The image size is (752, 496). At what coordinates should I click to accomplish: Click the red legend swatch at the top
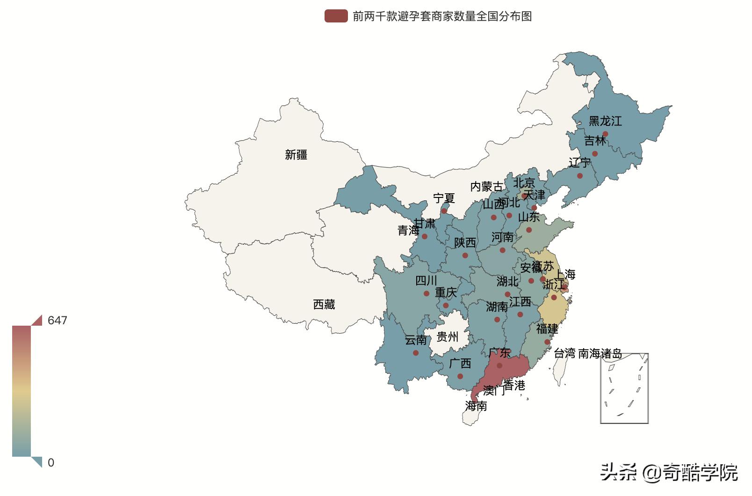pyautogui.click(x=336, y=16)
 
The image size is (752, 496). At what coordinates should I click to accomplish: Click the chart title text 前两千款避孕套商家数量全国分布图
pyautogui.click(x=442, y=16)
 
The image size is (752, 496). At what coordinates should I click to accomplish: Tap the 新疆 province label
pyautogui.click(x=296, y=155)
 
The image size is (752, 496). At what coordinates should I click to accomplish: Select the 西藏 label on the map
pyautogui.click(x=324, y=305)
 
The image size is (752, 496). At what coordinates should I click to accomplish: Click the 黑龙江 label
pyautogui.click(x=605, y=121)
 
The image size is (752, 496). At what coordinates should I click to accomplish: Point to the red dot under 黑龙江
pyautogui.click(x=605, y=134)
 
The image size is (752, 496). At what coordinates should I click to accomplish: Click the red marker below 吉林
pyautogui.click(x=595, y=153)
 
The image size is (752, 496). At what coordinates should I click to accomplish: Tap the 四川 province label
pyautogui.click(x=426, y=281)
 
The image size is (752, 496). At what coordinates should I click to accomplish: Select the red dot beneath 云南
pyautogui.click(x=416, y=353)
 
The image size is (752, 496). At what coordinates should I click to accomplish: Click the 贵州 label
pyautogui.click(x=447, y=337)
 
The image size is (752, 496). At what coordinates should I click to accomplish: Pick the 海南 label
pyautogui.click(x=476, y=406)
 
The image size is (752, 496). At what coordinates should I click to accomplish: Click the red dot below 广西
pyautogui.click(x=460, y=376)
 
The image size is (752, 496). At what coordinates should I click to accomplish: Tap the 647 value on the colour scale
pyautogui.click(x=58, y=321)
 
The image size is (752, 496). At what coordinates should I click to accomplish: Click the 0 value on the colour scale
pyautogui.click(x=51, y=463)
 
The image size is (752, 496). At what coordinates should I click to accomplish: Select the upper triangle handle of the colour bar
pyautogui.click(x=37, y=321)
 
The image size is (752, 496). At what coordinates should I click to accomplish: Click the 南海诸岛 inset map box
pyautogui.click(x=624, y=388)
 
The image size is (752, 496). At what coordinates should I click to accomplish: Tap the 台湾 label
pyautogui.click(x=564, y=354)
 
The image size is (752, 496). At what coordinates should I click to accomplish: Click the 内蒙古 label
pyautogui.click(x=487, y=187)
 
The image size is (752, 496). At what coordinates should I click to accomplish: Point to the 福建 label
pyautogui.click(x=547, y=329)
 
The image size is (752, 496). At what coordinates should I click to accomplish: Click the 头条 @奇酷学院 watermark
pyautogui.click(x=669, y=473)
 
